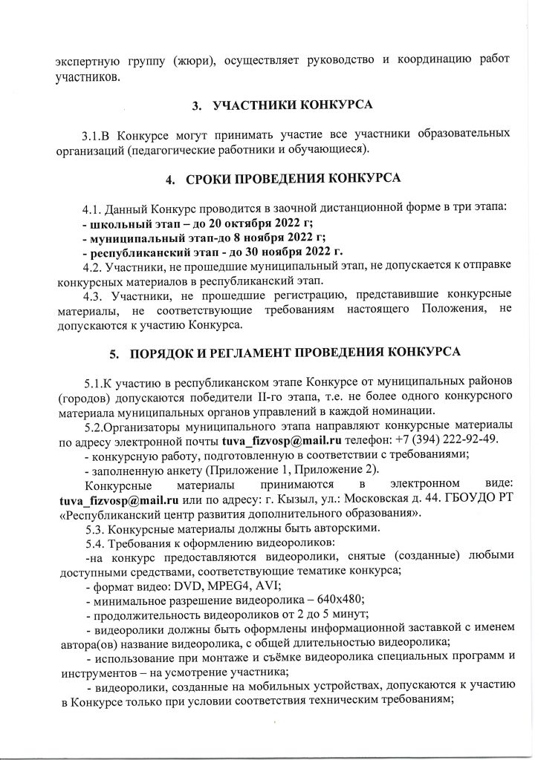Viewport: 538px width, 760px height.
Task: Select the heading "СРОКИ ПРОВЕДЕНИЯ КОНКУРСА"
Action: point(293,178)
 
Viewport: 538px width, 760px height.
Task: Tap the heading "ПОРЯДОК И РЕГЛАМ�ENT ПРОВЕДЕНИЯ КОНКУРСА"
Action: point(295,351)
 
